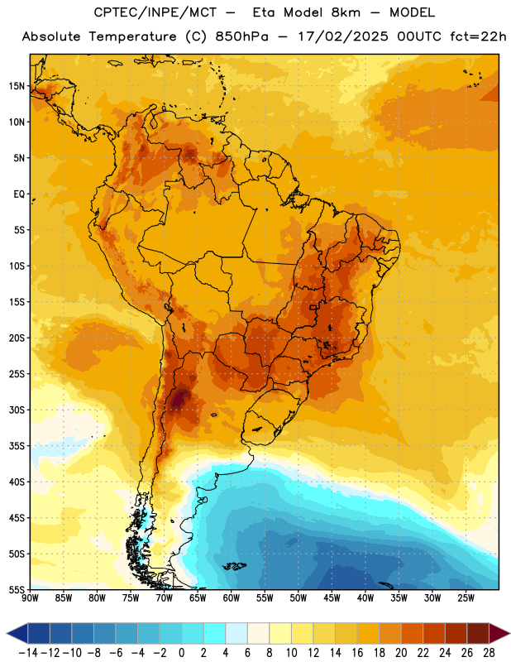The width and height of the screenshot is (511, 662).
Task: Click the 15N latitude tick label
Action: click(17, 86)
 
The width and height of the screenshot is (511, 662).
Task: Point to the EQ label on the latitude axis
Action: click(19, 194)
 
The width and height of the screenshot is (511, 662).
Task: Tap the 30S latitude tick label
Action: click(17, 410)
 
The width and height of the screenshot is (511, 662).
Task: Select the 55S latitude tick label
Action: click(17, 590)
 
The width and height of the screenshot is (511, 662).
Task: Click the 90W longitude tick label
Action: click(30, 598)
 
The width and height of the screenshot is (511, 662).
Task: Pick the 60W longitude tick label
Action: click(232, 598)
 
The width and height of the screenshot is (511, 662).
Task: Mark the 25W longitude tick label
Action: click(466, 598)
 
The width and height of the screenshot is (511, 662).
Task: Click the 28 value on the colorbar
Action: click(489, 653)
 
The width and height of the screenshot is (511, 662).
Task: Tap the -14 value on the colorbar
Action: click(28, 653)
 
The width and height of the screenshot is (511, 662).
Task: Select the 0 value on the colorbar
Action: click(181, 653)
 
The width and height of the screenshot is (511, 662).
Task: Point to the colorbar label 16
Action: click(357, 653)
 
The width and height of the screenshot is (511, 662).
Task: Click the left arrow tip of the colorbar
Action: click(7, 633)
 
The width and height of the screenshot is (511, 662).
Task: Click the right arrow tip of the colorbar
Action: click(509, 633)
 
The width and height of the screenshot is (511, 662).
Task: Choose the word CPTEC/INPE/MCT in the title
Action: click(155, 12)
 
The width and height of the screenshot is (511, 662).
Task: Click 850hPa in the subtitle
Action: click(241, 36)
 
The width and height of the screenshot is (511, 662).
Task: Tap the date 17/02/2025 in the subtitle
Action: click(343, 36)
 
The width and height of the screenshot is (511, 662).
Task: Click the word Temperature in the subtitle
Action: click(132, 37)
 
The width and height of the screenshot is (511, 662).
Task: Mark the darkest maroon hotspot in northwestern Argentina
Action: click(181, 398)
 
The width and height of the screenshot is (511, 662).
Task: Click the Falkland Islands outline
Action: click(234, 566)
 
